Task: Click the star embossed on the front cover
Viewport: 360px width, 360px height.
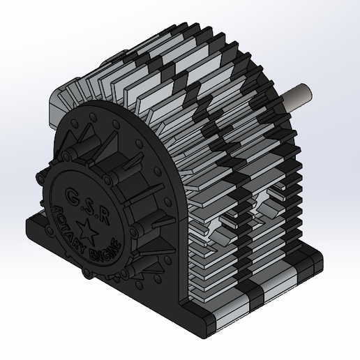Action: pyautogui.click(x=89, y=227)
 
